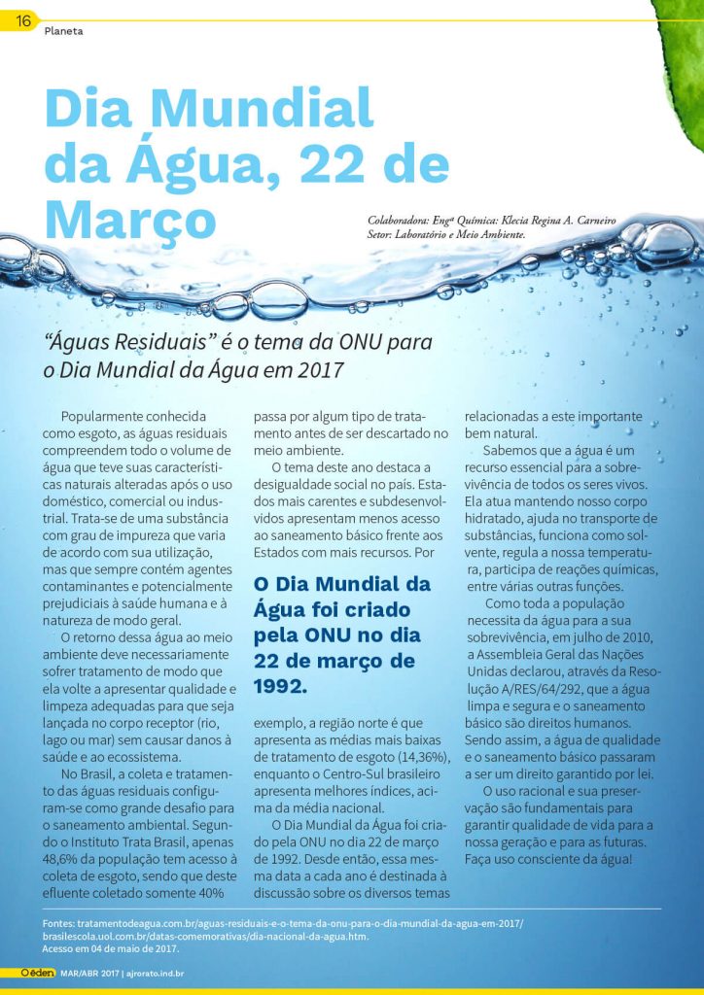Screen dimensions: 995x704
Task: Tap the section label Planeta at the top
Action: tap(63, 31)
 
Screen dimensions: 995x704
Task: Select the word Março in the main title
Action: tap(130, 222)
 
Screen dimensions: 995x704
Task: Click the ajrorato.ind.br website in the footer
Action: tap(157, 972)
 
